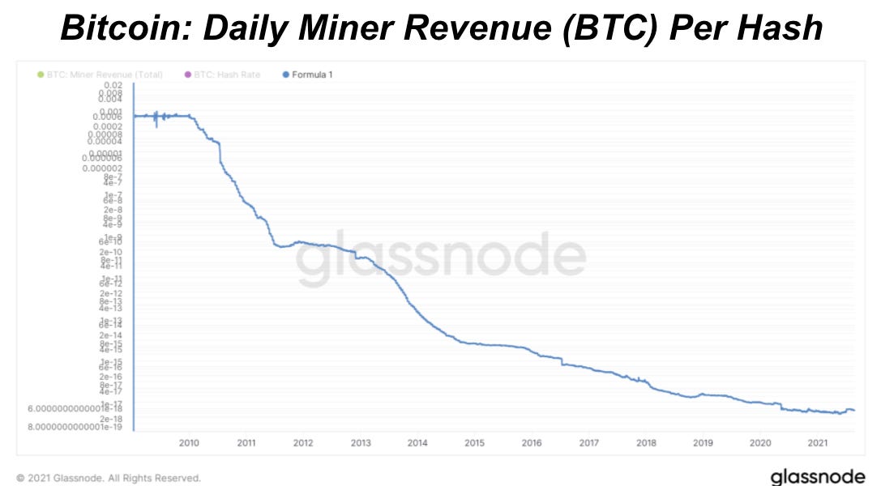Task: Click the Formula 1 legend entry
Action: tap(312, 75)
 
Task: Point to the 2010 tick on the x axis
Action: tap(189, 443)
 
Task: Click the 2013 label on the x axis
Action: tap(361, 443)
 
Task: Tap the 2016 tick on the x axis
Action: tap(532, 443)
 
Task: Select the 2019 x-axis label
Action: tap(704, 443)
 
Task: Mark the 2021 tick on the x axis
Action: tap(818, 443)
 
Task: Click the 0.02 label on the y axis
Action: tap(113, 85)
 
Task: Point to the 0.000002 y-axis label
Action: tap(103, 168)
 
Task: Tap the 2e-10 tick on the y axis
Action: tap(110, 252)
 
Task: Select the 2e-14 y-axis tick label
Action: tap(110, 335)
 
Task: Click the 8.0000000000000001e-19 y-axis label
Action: tap(75, 426)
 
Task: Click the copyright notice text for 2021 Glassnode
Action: tap(109, 478)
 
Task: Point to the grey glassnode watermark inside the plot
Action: tap(440, 257)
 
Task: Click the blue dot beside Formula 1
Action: tap(286, 75)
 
